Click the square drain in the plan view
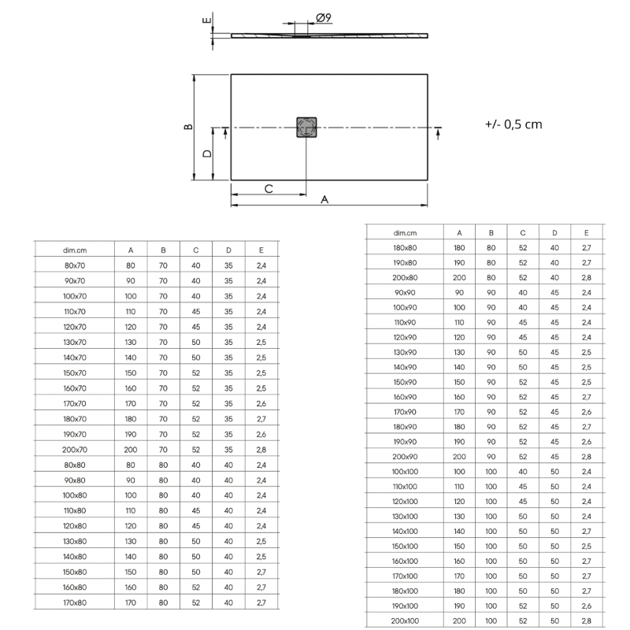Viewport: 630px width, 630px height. [x=306, y=127]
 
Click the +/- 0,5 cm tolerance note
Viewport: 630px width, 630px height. [x=513, y=124]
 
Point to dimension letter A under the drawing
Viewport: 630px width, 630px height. [x=324, y=200]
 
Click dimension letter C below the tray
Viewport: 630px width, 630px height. [x=269, y=188]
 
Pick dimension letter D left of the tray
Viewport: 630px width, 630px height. [x=206, y=154]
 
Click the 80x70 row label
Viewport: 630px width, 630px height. [x=74, y=265]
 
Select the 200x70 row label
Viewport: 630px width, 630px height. [x=74, y=449]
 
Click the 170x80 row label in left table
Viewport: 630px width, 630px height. [x=74, y=602]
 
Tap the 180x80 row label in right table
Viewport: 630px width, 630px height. [x=405, y=247]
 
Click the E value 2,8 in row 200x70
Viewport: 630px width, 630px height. [x=261, y=449]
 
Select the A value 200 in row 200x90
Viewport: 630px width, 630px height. [x=459, y=457]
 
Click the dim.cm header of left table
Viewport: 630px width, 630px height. [x=74, y=250]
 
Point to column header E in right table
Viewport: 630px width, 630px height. [x=586, y=232]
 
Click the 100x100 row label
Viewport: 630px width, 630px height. [x=405, y=472]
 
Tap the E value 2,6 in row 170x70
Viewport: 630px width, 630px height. [x=261, y=403]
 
